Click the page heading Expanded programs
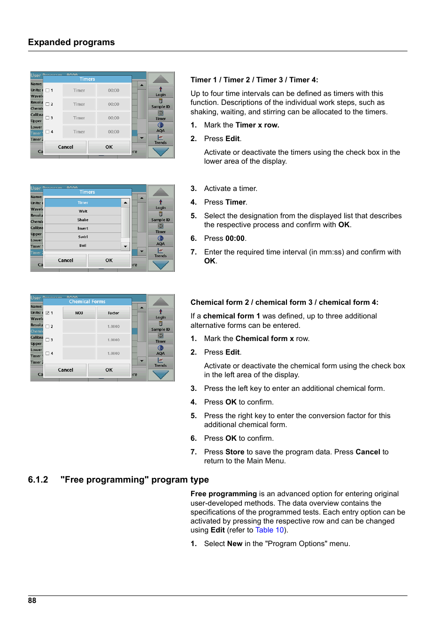(x=71, y=42)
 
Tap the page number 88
(x=32, y=601)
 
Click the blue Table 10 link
(x=270, y=530)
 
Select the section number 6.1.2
(x=38, y=480)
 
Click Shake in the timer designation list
(x=83, y=220)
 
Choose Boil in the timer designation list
(x=83, y=246)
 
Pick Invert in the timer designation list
(x=83, y=229)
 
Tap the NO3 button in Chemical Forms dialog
(x=79, y=313)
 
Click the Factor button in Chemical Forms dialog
(x=114, y=313)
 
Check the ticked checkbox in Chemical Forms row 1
(x=47, y=313)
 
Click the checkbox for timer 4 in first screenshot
(x=47, y=132)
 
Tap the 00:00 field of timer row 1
(x=114, y=90)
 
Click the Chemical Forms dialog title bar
(x=87, y=302)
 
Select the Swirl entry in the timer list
(x=83, y=237)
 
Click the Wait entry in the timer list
(x=83, y=211)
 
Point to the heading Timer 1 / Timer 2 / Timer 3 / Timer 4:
(x=254, y=80)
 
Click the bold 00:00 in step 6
(x=235, y=238)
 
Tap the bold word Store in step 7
(x=235, y=452)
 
